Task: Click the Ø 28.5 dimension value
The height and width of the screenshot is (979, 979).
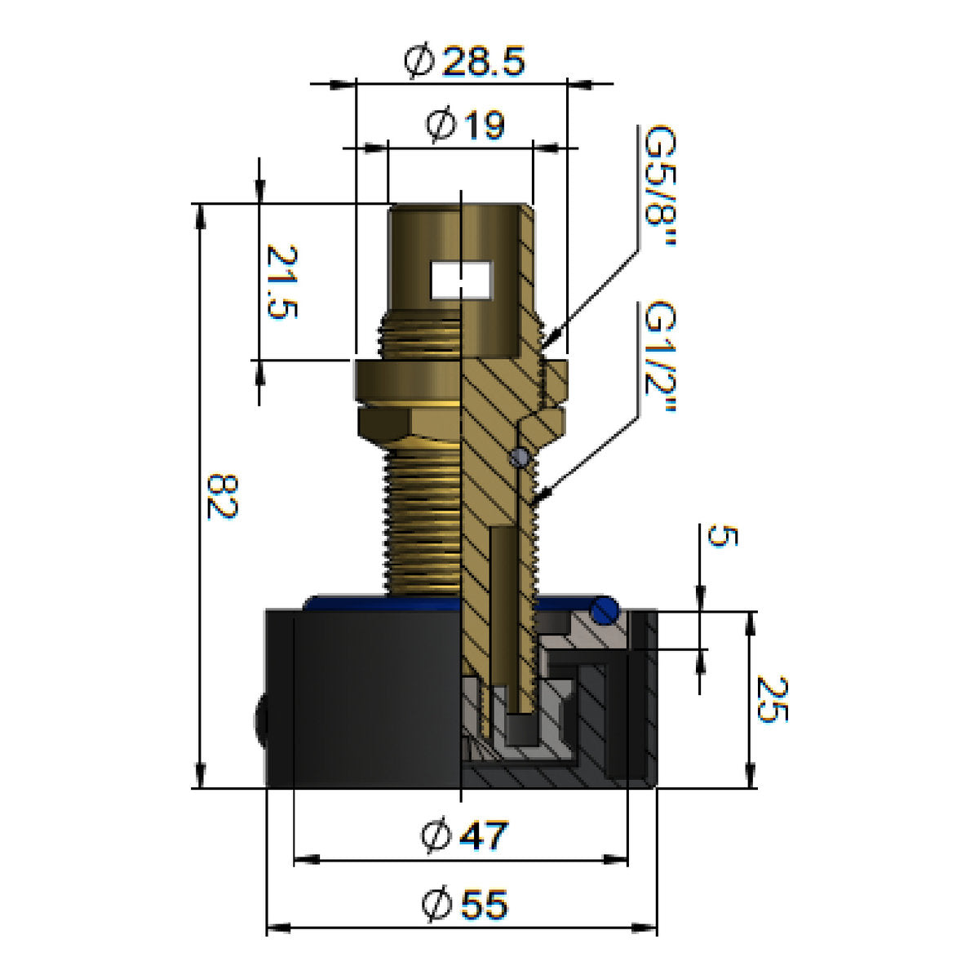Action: tap(464, 61)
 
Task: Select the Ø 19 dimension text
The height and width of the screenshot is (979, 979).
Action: tap(465, 125)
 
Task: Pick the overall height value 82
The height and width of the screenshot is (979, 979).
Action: tap(222, 496)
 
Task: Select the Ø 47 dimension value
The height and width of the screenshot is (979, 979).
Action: tap(464, 835)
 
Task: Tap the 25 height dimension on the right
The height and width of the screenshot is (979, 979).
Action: tap(772, 698)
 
